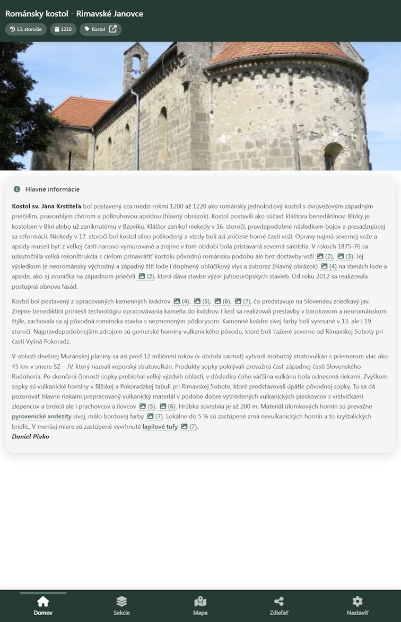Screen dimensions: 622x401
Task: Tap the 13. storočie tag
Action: click(x=26, y=29)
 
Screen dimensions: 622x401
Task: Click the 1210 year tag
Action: click(x=63, y=29)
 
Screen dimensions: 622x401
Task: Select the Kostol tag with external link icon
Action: click(x=101, y=29)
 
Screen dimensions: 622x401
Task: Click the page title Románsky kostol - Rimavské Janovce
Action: click(x=74, y=14)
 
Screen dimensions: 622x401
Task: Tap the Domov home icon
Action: click(x=43, y=601)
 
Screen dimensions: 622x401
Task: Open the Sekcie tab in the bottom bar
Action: click(x=121, y=601)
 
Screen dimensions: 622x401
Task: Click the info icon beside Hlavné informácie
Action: click(x=17, y=189)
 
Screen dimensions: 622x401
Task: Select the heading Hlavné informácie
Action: click(x=53, y=189)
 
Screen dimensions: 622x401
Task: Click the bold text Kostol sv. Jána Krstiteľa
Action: click(x=47, y=206)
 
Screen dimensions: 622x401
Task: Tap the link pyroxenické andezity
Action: click(x=41, y=417)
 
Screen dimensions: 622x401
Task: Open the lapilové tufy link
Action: click(x=160, y=426)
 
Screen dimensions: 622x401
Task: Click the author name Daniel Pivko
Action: click(x=30, y=436)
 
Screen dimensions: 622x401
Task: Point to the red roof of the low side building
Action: click(x=82, y=111)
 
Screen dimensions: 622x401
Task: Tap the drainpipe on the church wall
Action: click(x=137, y=127)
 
